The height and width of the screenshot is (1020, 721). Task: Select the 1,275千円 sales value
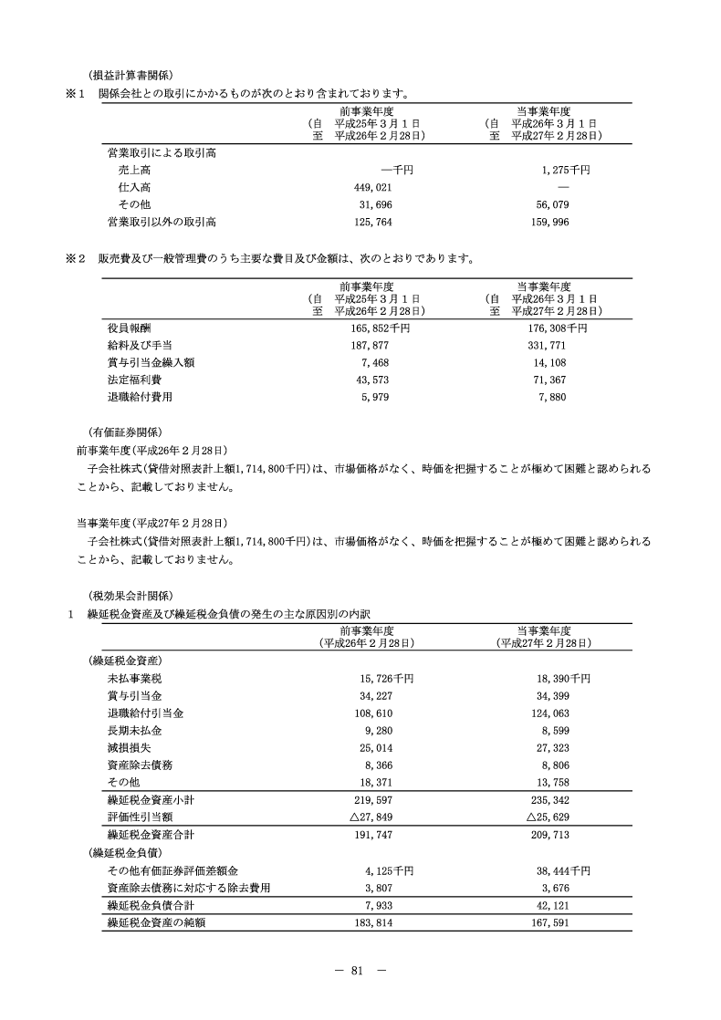[566, 170]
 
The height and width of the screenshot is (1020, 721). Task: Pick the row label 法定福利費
[134, 380]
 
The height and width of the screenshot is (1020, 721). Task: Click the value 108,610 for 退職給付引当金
[371, 713]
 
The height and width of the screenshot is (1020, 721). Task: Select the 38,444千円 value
[559, 869]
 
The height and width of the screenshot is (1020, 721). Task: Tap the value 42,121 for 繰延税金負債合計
[551, 905]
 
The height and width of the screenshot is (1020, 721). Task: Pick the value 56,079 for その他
[551, 204]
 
